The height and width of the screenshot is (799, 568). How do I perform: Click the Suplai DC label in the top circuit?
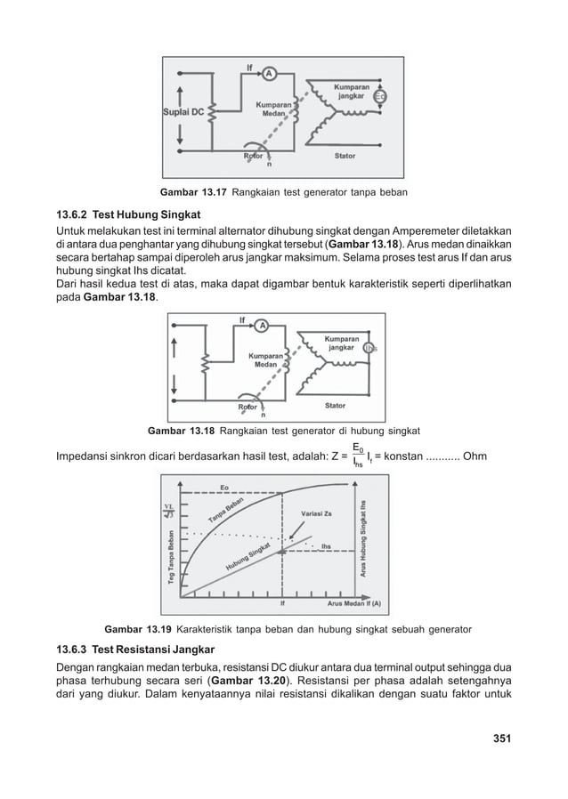[x=183, y=112]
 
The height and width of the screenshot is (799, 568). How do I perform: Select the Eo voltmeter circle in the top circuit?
[x=380, y=96]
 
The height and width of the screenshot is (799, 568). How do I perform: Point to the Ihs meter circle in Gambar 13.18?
[x=371, y=348]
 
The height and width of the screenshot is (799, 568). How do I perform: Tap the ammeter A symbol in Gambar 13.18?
[x=261, y=326]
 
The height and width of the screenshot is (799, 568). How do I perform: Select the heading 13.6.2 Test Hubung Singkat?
[x=124, y=214]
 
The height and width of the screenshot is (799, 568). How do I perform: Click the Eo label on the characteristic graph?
[x=224, y=487]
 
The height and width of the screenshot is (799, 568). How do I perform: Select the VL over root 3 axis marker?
[x=167, y=510]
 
